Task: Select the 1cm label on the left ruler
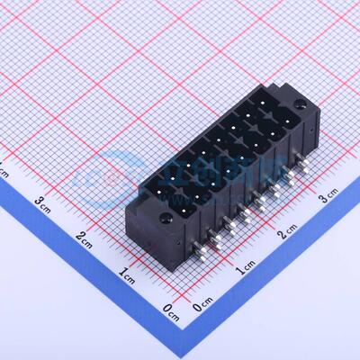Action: (128, 273)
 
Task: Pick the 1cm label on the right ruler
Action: (245, 268)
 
